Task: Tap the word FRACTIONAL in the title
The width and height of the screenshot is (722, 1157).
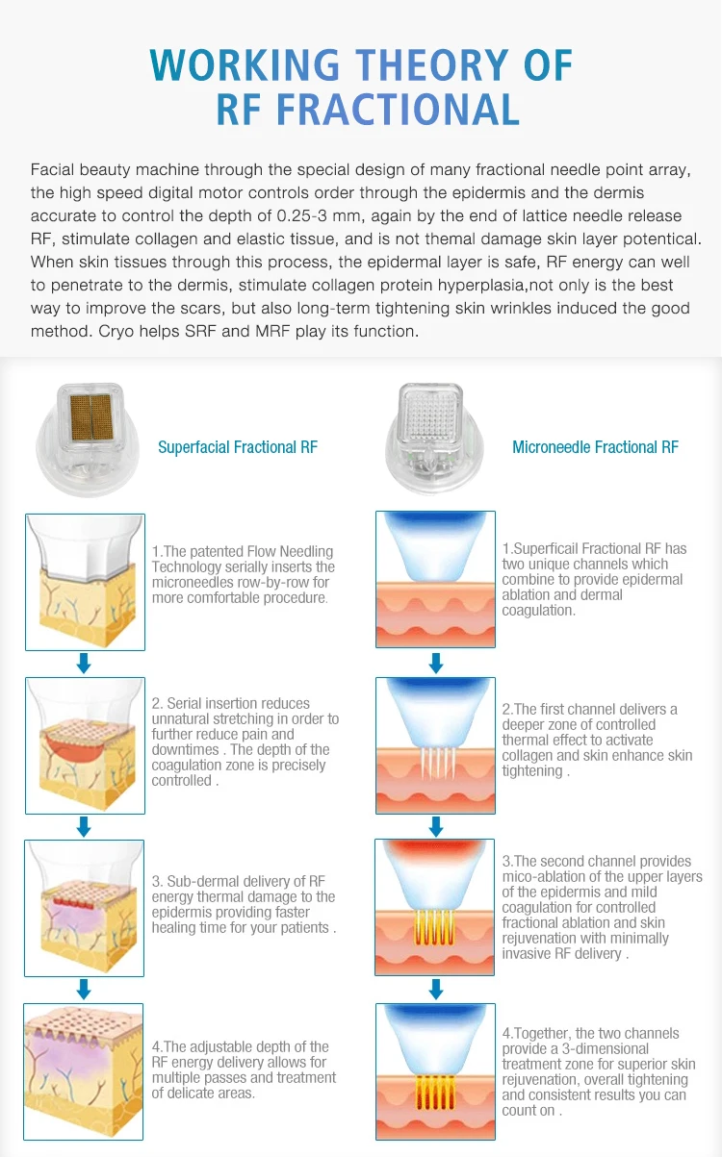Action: coord(399,109)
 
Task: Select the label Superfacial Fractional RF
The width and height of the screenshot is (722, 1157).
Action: coord(237,447)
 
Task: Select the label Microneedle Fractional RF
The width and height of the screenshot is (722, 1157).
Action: coord(595,447)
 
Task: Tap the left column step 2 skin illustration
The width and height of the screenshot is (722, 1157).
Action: coord(84,745)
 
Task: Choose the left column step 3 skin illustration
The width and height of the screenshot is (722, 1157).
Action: coord(84,909)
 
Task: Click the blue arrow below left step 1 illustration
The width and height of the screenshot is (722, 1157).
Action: coord(84,663)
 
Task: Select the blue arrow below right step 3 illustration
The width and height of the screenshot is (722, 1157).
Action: coord(435,990)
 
